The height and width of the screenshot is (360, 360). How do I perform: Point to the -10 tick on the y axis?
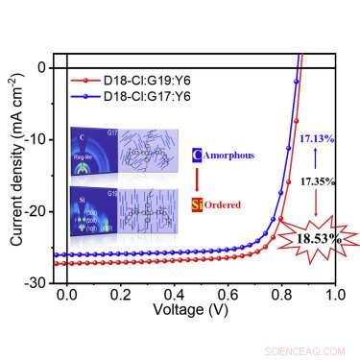click(x=36, y=139)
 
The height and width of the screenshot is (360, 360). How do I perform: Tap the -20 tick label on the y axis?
click(x=36, y=211)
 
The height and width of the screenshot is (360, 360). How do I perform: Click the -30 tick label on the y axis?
click(x=36, y=282)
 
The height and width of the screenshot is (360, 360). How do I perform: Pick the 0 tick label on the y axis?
click(x=43, y=68)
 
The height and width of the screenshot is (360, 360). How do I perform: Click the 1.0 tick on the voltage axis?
click(x=335, y=297)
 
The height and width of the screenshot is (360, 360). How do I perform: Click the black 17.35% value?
click(x=306, y=180)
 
